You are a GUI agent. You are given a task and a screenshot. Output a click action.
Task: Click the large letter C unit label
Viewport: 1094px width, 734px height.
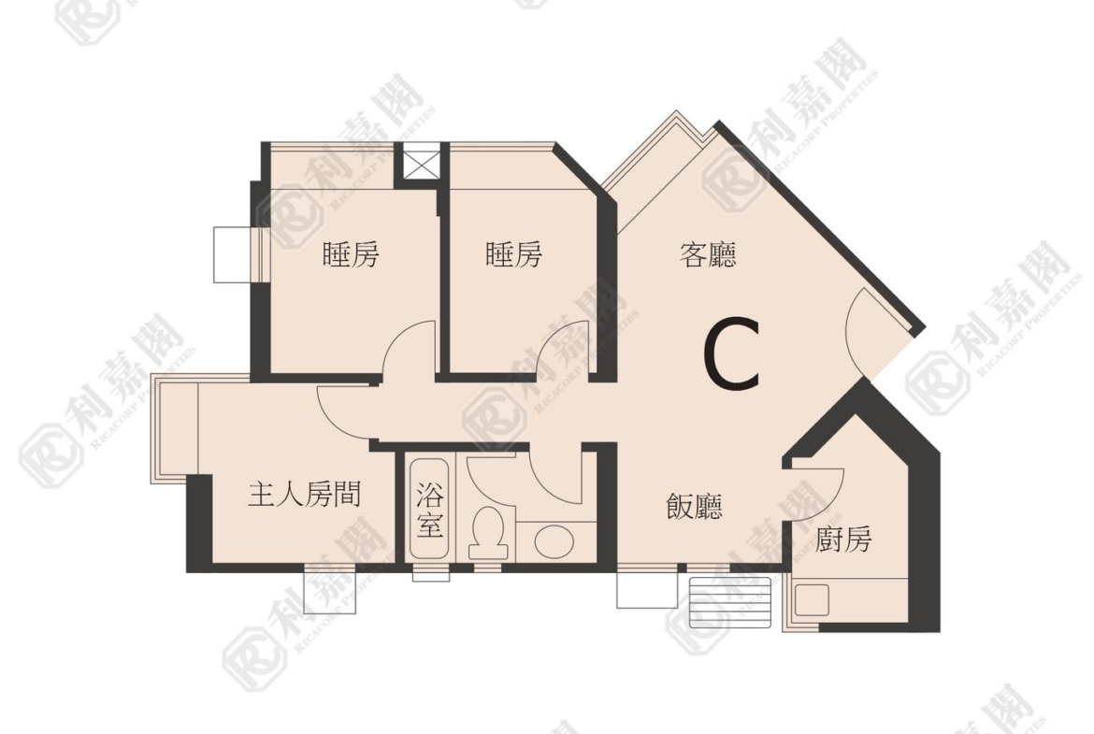click(x=730, y=353)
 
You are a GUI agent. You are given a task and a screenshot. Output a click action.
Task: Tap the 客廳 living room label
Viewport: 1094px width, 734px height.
click(x=708, y=254)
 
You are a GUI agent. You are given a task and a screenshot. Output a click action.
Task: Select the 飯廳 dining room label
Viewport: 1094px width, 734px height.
click(x=694, y=507)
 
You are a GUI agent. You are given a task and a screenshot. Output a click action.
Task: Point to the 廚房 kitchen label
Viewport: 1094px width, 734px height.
click(x=843, y=539)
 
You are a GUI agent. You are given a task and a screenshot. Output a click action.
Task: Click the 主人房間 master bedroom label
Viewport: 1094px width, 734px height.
click(x=304, y=495)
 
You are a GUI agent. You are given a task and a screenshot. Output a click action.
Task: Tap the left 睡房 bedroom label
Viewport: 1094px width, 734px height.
click(x=351, y=254)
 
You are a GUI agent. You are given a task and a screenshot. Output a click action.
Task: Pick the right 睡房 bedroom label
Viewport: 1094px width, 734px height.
click(x=514, y=254)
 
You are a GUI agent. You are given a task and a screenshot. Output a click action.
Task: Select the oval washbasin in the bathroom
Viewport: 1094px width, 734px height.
click(x=554, y=541)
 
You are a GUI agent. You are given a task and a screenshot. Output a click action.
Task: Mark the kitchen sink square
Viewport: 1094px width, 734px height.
click(x=812, y=600)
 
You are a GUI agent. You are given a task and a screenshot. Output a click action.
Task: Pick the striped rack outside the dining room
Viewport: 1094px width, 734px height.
click(x=729, y=602)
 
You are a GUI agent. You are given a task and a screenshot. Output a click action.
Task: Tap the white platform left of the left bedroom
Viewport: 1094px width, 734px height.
click(x=232, y=254)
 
